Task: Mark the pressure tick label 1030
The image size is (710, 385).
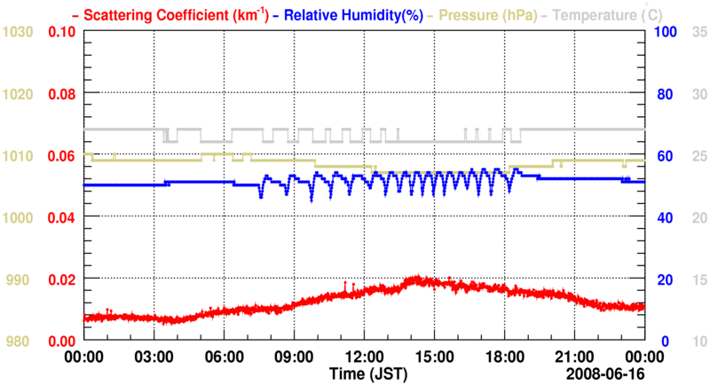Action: [19, 32]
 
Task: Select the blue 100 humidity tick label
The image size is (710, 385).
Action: [666, 32]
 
